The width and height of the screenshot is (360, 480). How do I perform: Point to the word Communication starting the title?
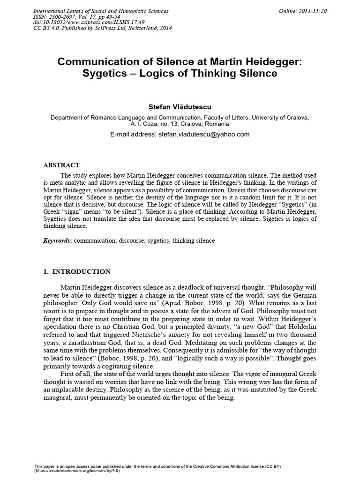[x=97, y=61]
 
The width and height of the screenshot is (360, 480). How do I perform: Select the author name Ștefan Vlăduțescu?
[x=180, y=107]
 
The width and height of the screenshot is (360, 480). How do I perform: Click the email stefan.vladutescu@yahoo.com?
[x=202, y=134]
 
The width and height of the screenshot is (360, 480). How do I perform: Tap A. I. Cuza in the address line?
[x=145, y=124]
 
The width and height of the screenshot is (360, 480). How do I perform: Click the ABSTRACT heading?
[x=61, y=165]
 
